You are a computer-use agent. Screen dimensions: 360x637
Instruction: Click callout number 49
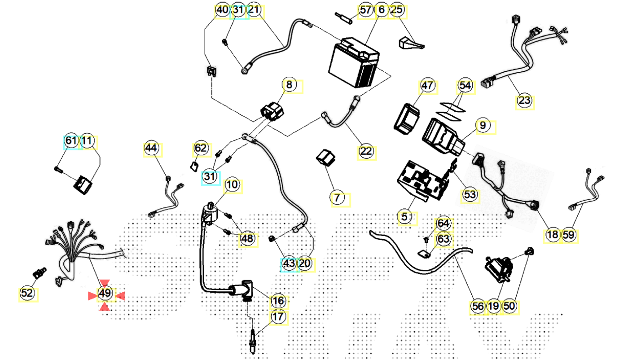105,294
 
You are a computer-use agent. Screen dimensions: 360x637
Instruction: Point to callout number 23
524,101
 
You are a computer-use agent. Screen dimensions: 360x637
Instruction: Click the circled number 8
289,84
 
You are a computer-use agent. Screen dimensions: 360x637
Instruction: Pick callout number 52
27,294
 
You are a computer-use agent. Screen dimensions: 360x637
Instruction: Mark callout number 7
337,197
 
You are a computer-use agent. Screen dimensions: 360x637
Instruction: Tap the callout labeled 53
470,195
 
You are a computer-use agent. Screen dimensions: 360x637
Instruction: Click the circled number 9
483,126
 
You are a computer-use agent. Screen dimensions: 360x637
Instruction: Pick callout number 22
366,151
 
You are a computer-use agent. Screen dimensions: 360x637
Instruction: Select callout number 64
443,223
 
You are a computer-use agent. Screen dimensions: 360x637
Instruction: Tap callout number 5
405,217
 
